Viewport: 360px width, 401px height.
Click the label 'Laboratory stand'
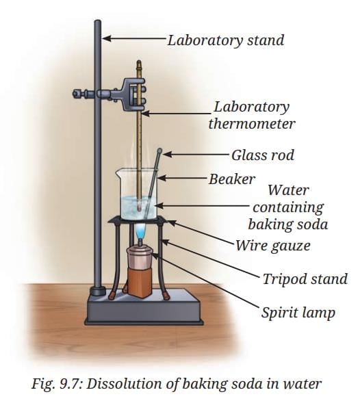click(226, 40)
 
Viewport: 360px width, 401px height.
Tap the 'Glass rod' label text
click(263, 155)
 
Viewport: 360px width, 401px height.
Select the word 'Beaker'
click(232, 179)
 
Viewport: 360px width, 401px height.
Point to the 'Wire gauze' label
click(273, 246)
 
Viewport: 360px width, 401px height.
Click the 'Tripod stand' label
click(305, 279)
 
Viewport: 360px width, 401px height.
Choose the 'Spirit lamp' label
click(298, 313)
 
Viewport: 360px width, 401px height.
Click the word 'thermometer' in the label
click(252, 124)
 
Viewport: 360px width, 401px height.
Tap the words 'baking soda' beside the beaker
click(288, 224)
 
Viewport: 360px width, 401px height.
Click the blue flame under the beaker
click(140, 230)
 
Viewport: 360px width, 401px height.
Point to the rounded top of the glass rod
click(159, 151)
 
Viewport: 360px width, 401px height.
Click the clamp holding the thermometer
click(133, 94)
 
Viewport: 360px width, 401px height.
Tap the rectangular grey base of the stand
click(144, 307)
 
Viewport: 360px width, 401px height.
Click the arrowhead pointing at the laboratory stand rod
click(107, 39)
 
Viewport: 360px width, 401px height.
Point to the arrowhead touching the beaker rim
click(162, 177)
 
